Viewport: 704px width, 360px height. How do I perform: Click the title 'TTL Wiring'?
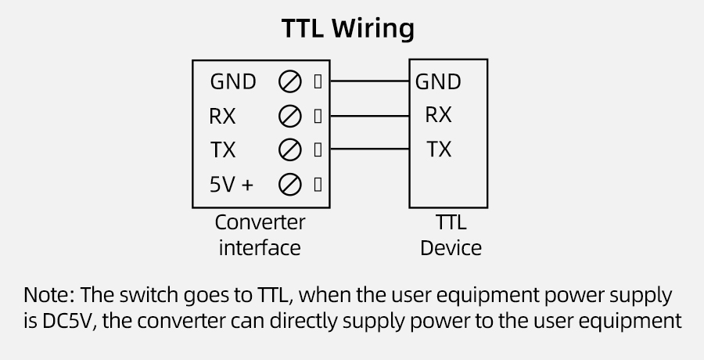click(x=347, y=28)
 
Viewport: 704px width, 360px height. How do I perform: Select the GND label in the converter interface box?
click(x=232, y=81)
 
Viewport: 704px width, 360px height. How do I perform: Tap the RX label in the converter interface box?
click(x=222, y=117)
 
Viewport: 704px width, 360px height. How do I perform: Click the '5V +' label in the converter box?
click(x=232, y=185)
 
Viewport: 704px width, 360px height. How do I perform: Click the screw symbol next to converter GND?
click(x=290, y=81)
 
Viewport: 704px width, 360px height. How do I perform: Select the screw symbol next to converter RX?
click(x=290, y=117)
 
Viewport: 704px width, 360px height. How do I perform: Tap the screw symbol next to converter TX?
click(x=290, y=149)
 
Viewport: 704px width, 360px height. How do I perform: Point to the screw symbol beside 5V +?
click(x=290, y=185)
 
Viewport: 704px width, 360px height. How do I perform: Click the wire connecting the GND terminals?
click(x=368, y=81)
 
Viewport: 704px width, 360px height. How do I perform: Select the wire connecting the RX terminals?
click(x=368, y=116)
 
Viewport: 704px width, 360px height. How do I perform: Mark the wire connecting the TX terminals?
click(x=368, y=149)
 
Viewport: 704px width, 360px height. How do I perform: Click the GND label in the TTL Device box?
click(x=438, y=81)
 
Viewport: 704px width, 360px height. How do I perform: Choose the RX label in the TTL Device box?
click(x=438, y=115)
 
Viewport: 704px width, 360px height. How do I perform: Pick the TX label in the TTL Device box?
click(x=439, y=149)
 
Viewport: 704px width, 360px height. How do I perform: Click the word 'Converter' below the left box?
click(x=260, y=223)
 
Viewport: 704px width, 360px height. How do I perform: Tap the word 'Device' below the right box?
click(x=451, y=249)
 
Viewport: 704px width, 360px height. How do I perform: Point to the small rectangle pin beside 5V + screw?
click(x=318, y=185)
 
